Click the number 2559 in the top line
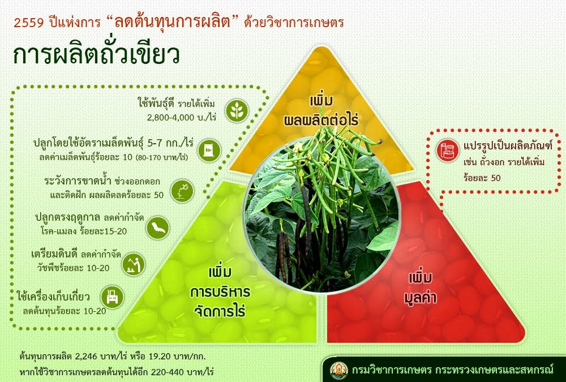28,23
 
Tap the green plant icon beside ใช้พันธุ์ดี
237,110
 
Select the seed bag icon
209,150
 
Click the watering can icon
182,191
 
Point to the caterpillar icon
158,228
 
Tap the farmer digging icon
133,264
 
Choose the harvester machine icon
112,297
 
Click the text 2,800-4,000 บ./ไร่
181,118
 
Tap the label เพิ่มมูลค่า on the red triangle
421,288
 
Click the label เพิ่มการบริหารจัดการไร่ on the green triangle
220,292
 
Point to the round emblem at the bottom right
339,370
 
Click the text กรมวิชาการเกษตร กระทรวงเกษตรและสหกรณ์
453,370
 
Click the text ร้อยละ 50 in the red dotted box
482,178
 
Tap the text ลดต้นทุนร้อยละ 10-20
65,311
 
